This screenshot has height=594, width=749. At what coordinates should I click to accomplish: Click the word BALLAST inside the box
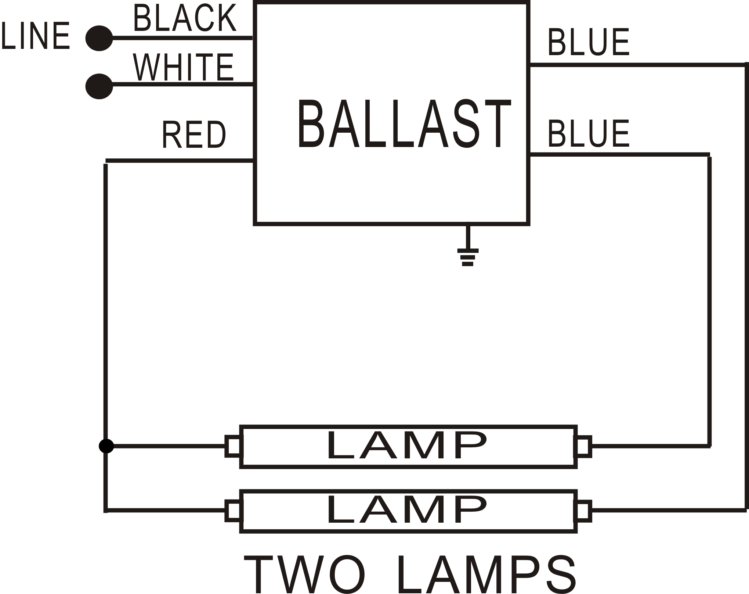click(x=404, y=124)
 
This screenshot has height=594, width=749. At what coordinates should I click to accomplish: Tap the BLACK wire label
click(x=185, y=18)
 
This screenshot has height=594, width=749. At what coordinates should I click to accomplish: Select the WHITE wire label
click(x=183, y=67)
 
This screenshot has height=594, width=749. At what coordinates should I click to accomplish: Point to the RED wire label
click(x=194, y=135)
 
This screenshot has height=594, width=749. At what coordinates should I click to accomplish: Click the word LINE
click(x=36, y=36)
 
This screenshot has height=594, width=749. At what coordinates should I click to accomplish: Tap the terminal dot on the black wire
click(x=99, y=38)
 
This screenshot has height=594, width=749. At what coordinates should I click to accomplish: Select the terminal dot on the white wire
click(x=99, y=86)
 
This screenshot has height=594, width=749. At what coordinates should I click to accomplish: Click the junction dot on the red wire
click(x=106, y=446)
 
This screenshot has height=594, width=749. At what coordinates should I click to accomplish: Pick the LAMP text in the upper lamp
click(x=407, y=446)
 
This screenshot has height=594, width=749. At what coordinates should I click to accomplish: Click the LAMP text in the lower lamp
click(x=407, y=510)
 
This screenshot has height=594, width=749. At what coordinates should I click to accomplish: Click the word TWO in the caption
click(x=305, y=575)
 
